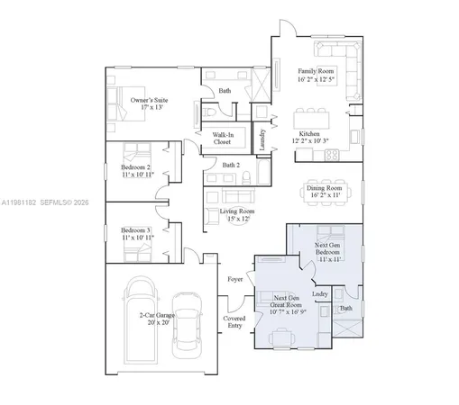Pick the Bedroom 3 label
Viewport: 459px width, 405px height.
[137, 233]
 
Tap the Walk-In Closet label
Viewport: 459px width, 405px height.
[222, 138]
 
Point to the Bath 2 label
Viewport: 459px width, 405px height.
[231, 165]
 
